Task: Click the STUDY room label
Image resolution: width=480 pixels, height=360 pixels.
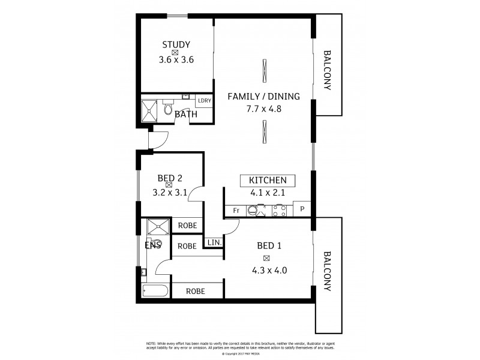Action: pyautogui.click(x=176, y=44)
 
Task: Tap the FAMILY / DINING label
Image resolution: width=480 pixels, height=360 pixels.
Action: pyautogui.click(x=263, y=97)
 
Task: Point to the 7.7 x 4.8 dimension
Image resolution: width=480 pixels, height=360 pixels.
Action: pyautogui.click(x=263, y=109)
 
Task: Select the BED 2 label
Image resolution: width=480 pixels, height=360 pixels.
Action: pyautogui.click(x=170, y=178)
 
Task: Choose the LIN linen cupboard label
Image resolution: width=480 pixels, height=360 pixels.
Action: pyautogui.click(x=214, y=242)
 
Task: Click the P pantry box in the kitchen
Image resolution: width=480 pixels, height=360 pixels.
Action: pyautogui.click(x=302, y=210)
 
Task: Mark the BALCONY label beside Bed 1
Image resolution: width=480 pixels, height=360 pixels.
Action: pyautogui.click(x=327, y=271)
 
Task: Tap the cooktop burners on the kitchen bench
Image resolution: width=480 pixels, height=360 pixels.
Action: pyautogui.click(x=279, y=210)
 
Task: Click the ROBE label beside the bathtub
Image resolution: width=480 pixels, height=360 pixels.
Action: pyautogui.click(x=195, y=291)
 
